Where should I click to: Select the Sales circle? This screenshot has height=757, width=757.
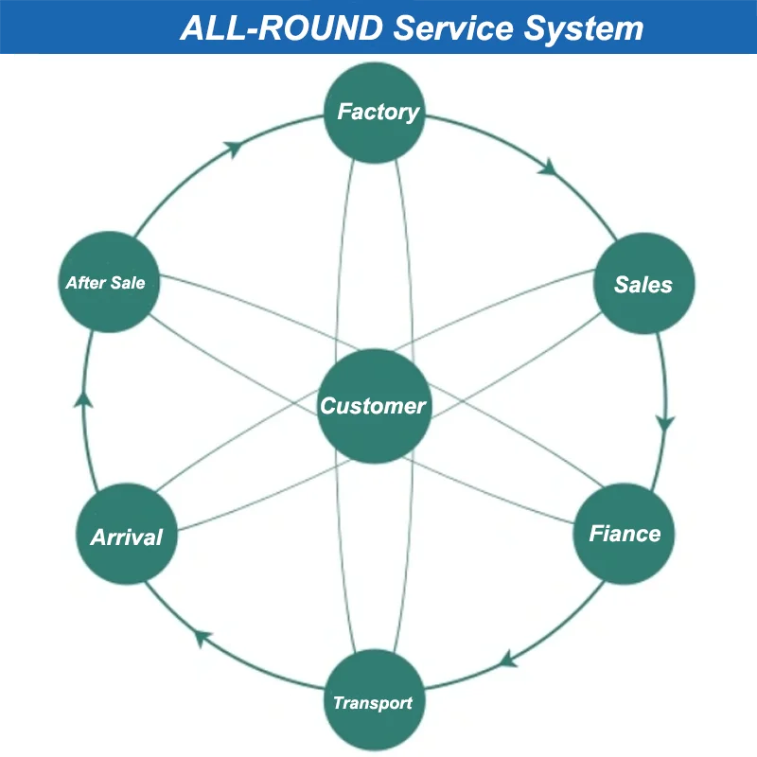(x=643, y=284)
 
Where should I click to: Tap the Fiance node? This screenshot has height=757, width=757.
(x=625, y=534)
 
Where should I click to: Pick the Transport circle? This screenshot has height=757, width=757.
(x=373, y=702)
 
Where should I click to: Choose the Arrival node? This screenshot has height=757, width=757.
(x=127, y=537)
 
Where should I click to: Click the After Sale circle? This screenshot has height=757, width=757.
(x=107, y=282)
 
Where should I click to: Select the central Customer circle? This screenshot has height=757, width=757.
(x=373, y=406)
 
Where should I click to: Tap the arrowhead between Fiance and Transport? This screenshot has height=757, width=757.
(x=508, y=659)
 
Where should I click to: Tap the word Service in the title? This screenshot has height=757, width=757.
(x=450, y=27)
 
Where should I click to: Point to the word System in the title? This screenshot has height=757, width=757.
(x=582, y=27)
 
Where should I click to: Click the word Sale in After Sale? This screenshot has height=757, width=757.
(x=129, y=282)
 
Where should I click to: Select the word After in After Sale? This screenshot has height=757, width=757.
(x=86, y=282)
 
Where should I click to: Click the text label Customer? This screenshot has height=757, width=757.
(x=373, y=406)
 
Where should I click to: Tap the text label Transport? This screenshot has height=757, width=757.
(x=373, y=703)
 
